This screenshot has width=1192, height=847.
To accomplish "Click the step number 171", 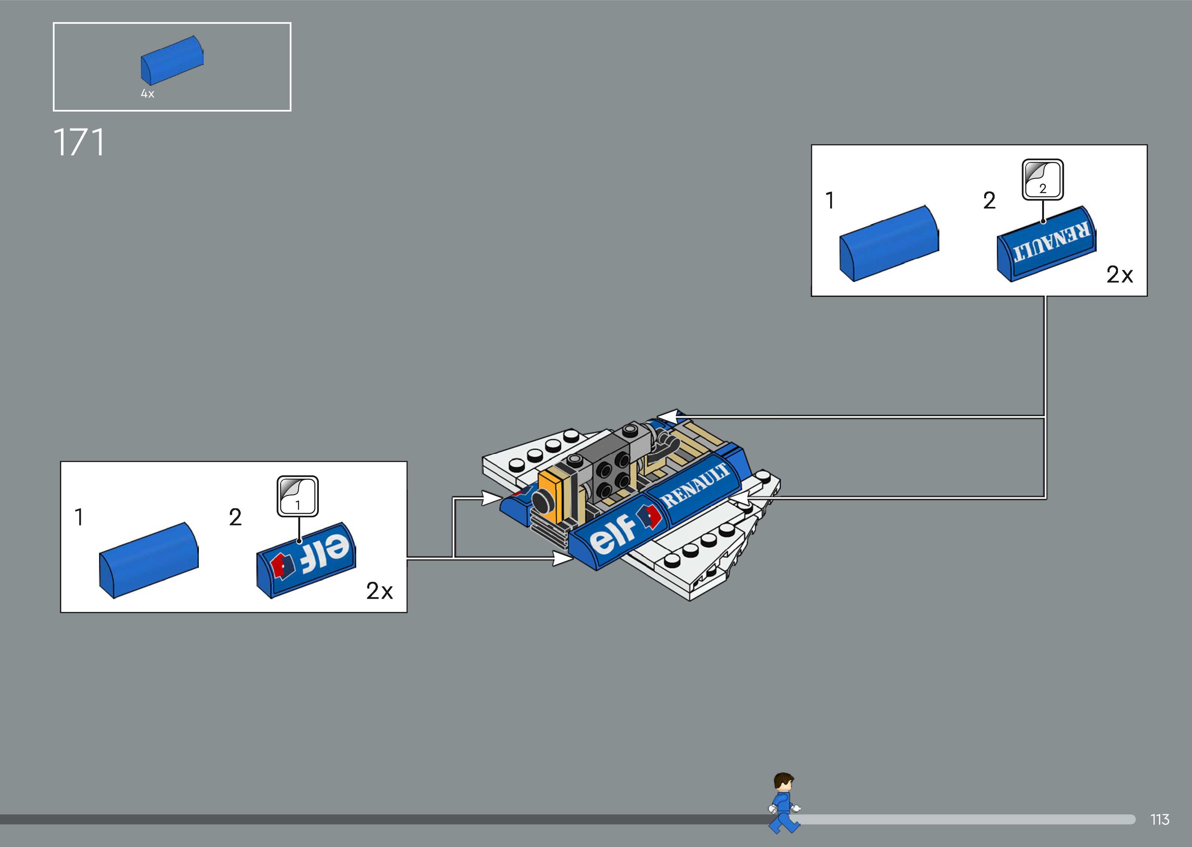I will [79, 142].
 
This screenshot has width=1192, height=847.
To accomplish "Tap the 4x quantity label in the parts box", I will [147, 94].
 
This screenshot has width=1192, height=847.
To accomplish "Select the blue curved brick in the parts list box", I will [172, 60].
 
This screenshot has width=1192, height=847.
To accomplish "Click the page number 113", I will [1159, 819].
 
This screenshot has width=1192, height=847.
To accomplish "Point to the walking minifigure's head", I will [783, 783].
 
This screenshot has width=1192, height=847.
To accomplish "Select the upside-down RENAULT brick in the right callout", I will [1046, 244].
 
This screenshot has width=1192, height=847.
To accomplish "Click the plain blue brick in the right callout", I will [889, 243].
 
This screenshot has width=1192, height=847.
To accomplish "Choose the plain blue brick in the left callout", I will [149, 559].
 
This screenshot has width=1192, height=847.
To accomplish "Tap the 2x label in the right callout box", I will [1119, 275].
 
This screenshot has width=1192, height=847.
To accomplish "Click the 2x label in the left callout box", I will [379, 591].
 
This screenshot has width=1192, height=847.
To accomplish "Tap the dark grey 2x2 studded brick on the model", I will [612, 472].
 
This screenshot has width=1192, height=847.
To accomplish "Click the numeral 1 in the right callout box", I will [830, 200].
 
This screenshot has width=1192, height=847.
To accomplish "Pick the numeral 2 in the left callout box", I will [235, 517].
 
